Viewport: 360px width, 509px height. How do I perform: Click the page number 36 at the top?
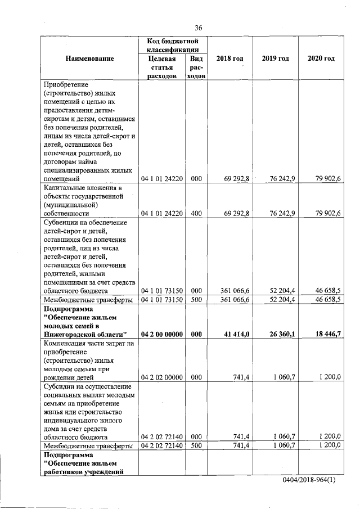click(198, 28)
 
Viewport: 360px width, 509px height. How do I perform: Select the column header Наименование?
click(89, 58)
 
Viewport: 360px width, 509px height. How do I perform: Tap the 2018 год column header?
click(229, 58)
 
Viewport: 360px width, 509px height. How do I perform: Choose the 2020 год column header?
click(322, 58)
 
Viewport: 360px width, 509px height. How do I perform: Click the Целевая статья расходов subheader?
click(162, 67)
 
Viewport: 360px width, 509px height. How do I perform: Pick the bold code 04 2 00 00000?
click(162, 334)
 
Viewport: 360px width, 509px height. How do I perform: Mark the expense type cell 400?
click(196, 214)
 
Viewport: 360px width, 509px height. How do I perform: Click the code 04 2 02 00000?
click(162, 377)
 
